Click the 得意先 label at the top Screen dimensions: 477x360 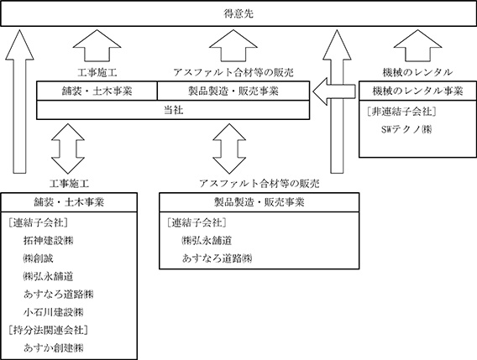pyautogui.click(x=238, y=13)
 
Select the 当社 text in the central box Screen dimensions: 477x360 pyautogui.click(x=173, y=110)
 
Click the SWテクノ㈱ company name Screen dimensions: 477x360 pyautogui.click(x=406, y=129)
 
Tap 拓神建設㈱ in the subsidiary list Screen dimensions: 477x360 pyautogui.click(x=49, y=241)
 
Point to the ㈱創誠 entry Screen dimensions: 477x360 pyautogui.click(x=39, y=258)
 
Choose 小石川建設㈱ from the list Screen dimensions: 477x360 pyautogui.click(x=53, y=312)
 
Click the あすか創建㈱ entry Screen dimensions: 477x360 pyautogui.click(x=53, y=348)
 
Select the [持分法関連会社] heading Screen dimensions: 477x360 pyautogui.click(x=49, y=330)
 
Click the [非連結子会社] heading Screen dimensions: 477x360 pyautogui.click(x=401, y=112)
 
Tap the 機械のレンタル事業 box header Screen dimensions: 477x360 pyautogui.click(x=417, y=91)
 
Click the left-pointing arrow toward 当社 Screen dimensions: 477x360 pyautogui.click(x=334, y=91)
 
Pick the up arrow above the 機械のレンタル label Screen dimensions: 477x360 pyautogui.click(x=417, y=45)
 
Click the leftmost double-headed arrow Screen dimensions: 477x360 pyautogui.click(x=68, y=149)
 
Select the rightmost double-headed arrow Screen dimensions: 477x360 pyautogui.click(x=229, y=149)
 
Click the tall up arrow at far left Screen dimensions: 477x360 pyautogui.click(x=20, y=102)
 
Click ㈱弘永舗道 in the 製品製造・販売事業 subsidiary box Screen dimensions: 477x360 pyautogui.click(x=207, y=241)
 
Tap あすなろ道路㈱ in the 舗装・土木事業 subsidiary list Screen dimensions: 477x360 pyautogui.click(x=58, y=294)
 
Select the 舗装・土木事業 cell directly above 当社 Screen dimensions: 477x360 pyautogui.click(x=97, y=91)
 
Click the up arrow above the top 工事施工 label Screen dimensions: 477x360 pyautogui.click(x=97, y=45)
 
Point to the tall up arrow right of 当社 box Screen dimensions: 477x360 pyautogui.click(x=337, y=102)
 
